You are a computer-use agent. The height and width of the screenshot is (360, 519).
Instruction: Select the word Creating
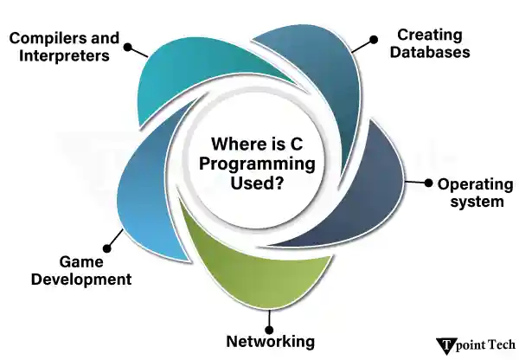(x=429, y=35)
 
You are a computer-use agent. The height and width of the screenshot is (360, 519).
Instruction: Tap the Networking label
(x=270, y=340)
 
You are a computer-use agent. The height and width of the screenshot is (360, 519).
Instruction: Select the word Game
(x=81, y=261)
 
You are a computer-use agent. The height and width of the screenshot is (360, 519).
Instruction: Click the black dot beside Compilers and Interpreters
(x=128, y=48)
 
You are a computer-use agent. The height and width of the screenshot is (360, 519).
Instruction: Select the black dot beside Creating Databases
(x=374, y=39)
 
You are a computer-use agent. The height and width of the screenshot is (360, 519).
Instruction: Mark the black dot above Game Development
(x=107, y=244)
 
